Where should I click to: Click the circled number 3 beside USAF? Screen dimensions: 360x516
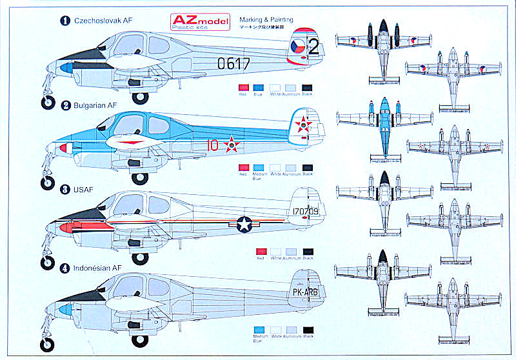pos(64,190)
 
